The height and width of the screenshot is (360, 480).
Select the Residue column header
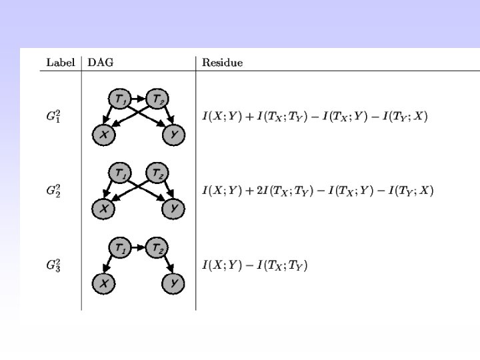point(223,63)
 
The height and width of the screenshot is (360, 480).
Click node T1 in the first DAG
point(120,99)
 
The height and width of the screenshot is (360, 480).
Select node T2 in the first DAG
point(157,99)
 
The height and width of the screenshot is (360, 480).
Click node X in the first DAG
point(103,135)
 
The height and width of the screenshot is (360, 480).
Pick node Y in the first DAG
point(173,135)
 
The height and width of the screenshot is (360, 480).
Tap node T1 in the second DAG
point(120,173)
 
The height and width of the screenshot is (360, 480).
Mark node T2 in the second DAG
point(157,173)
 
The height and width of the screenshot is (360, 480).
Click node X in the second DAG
point(103,209)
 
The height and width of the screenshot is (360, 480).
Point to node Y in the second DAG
point(173,209)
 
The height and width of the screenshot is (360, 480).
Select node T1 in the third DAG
point(120,249)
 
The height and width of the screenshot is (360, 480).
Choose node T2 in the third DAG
point(157,249)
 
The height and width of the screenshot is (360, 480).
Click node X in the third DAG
point(103,284)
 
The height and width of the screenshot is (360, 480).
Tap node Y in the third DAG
point(173,284)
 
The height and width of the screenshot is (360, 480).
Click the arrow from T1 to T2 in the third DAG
point(139,249)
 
